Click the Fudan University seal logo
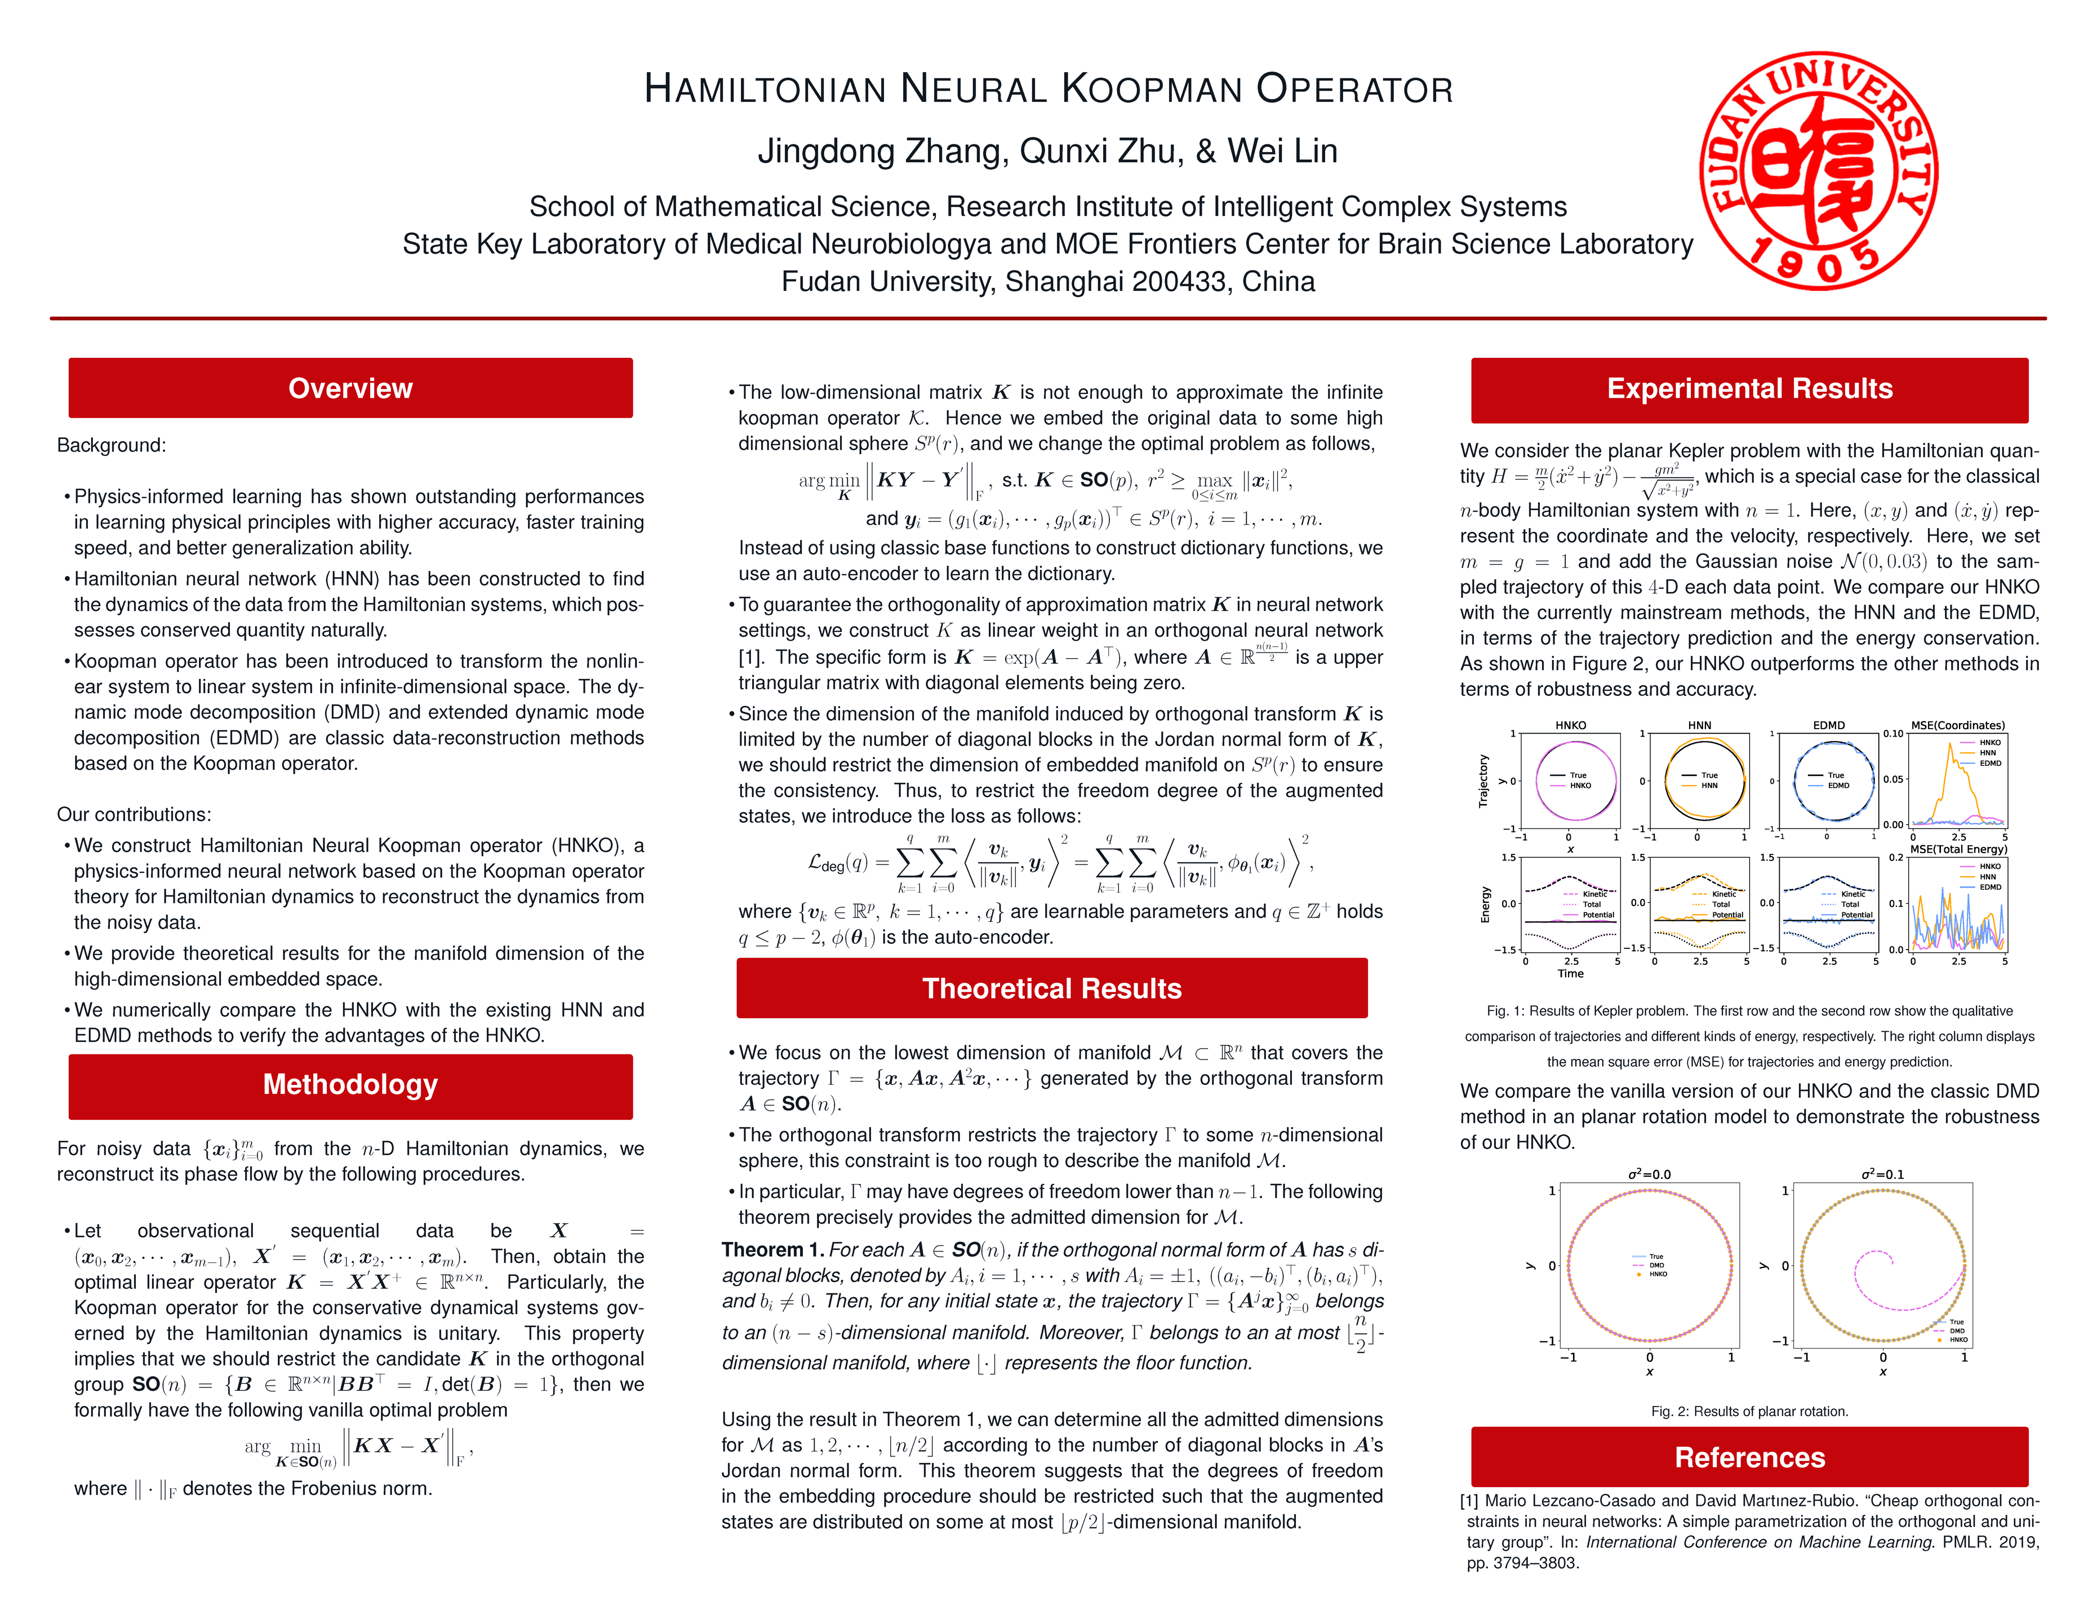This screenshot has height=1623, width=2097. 1819,171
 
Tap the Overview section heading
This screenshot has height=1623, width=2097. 350,388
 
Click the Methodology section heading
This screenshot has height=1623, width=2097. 350,1085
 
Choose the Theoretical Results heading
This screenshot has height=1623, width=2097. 1051,989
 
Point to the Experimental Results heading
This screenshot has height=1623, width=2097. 1749,389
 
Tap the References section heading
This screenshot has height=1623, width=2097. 1749,1458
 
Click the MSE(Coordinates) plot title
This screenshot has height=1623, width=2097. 1957,725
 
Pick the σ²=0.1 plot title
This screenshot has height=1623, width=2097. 1882,1174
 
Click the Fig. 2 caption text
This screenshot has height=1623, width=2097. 1749,1412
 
